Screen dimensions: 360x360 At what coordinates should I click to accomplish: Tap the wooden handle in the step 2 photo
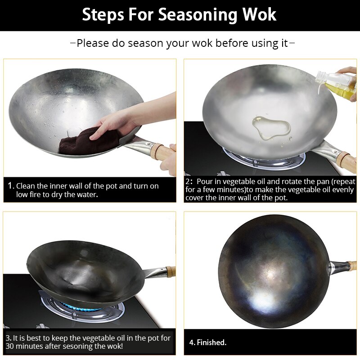pyautogui.click(x=348, y=160)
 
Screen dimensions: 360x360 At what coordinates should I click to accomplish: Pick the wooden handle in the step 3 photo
pyautogui.click(x=170, y=271)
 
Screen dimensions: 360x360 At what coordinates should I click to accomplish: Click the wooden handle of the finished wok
pyautogui.click(x=352, y=265)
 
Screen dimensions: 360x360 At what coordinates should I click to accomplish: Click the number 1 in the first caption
pyautogui.click(x=10, y=186)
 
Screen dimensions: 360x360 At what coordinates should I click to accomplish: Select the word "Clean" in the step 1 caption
pyautogui.click(x=26, y=186)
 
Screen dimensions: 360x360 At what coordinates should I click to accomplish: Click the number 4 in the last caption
pyautogui.click(x=191, y=342)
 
